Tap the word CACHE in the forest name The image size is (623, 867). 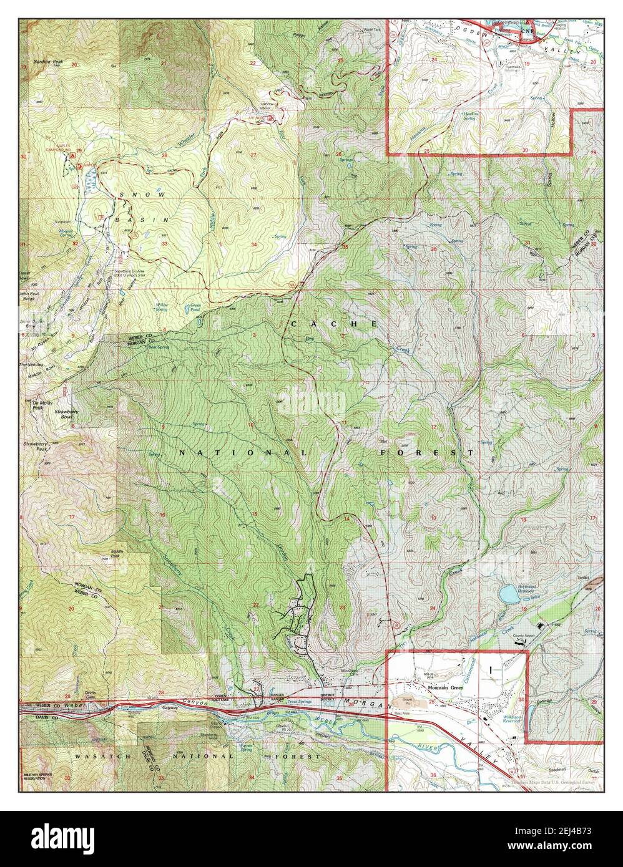point(333,324)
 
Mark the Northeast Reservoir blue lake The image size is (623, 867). point(509,593)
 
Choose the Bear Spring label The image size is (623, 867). point(154,347)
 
